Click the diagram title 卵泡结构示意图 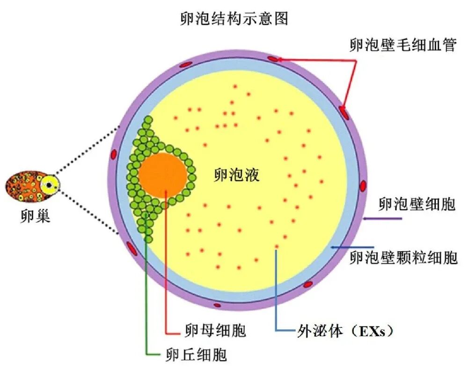pyautogui.click(x=234, y=18)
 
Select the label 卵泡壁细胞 pyautogui.click(x=417, y=205)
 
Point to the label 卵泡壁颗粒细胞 pyautogui.click(x=403, y=257)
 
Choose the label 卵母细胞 pyautogui.click(x=213, y=332)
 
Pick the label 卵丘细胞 pyautogui.click(x=196, y=354)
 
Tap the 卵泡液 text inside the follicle pyautogui.click(x=236, y=175)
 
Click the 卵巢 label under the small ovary pyautogui.click(x=36, y=217)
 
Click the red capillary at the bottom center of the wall pyautogui.click(x=217, y=305)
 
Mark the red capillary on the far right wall pyautogui.click(x=363, y=186)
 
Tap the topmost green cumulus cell pyautogui.click(x=148, y=120)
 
